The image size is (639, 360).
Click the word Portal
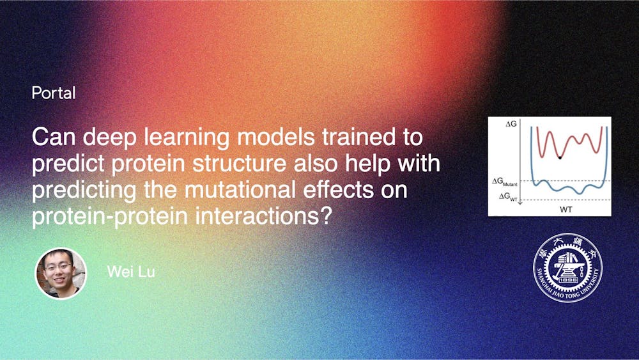pos(54,93)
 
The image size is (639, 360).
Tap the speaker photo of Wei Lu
pos(61,274)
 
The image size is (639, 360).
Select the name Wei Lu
pos(131,272)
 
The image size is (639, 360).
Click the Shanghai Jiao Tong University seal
pos(567,267)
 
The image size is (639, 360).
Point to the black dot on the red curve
pos(559,157)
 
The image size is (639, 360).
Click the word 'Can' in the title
pos(51,137)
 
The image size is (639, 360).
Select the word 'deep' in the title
pos(104,137)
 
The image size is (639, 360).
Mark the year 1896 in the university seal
pos(567,279)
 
